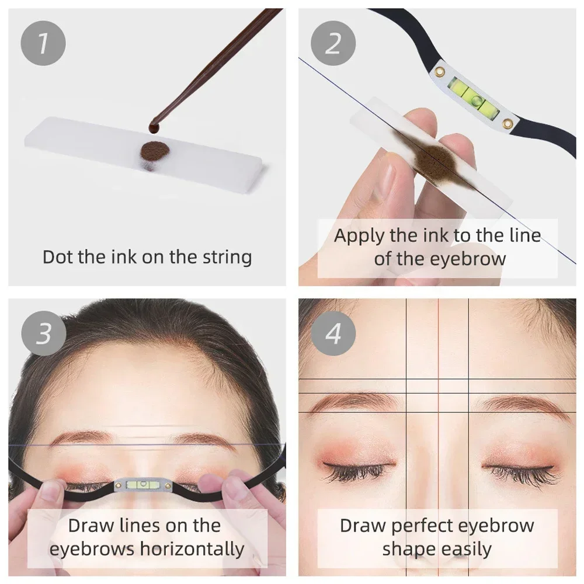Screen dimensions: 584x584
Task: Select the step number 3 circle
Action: pos(43,335)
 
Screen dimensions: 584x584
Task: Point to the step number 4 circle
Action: pos(333,335)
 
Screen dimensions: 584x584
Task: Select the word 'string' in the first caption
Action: pos(223,258)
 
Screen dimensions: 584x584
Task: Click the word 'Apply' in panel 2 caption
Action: pos(358,236)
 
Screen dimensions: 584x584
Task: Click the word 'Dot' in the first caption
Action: pos(58,258)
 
